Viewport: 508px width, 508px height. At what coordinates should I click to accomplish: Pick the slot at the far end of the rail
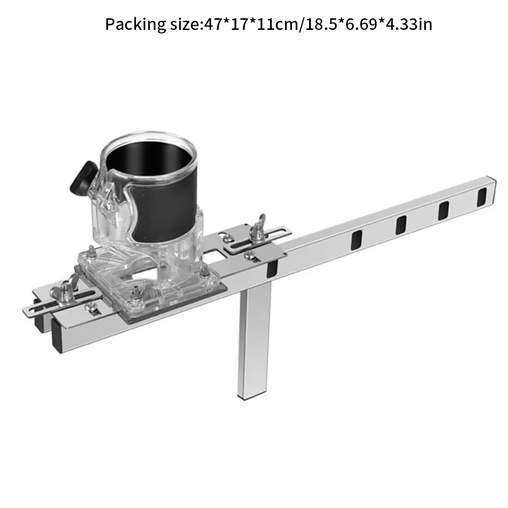click(482, 197)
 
